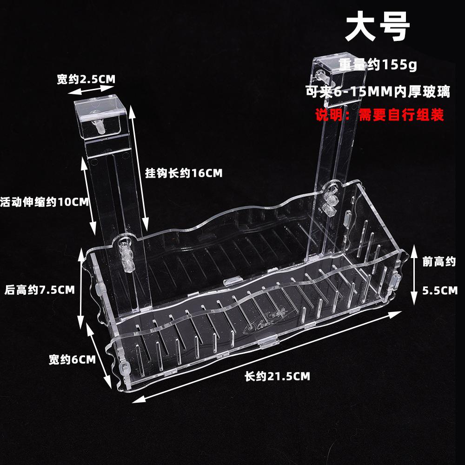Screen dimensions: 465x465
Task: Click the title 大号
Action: click(x=377, y=29)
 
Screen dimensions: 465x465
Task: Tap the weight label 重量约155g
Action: click(x=377, y=66)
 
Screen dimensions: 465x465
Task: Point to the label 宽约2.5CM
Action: click(x=86, y=80)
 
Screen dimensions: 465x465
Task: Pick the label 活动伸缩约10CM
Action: click(x=45, y=202)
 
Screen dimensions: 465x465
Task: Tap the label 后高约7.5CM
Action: click(x=40, y=290)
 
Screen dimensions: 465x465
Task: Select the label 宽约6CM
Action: click(x=72, y=359)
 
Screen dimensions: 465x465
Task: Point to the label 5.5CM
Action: click(x=440, y=291)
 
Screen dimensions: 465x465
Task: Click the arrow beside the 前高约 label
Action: click(x=413, y=274)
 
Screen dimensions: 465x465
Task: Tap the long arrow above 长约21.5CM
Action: click(x=267, y=356)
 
